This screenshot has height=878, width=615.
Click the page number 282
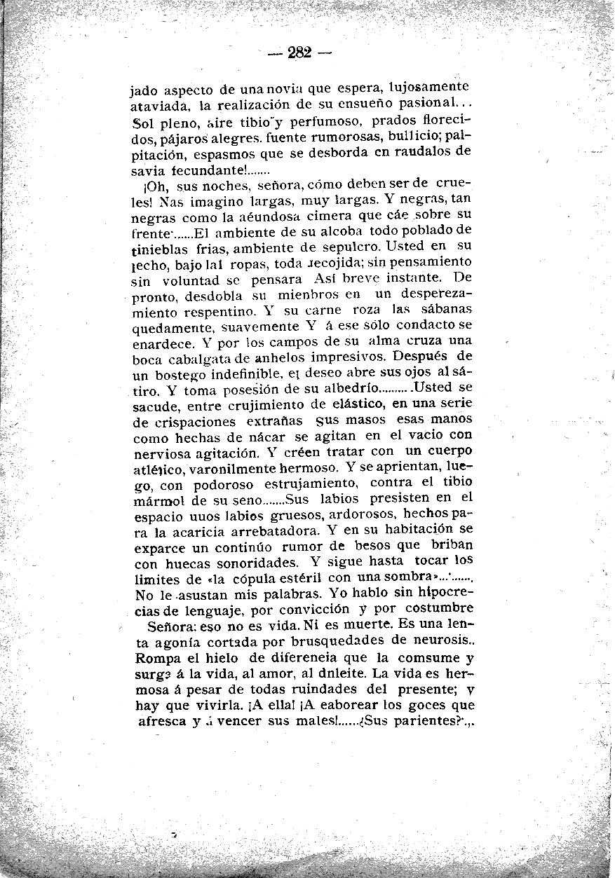tap(299, 53)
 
